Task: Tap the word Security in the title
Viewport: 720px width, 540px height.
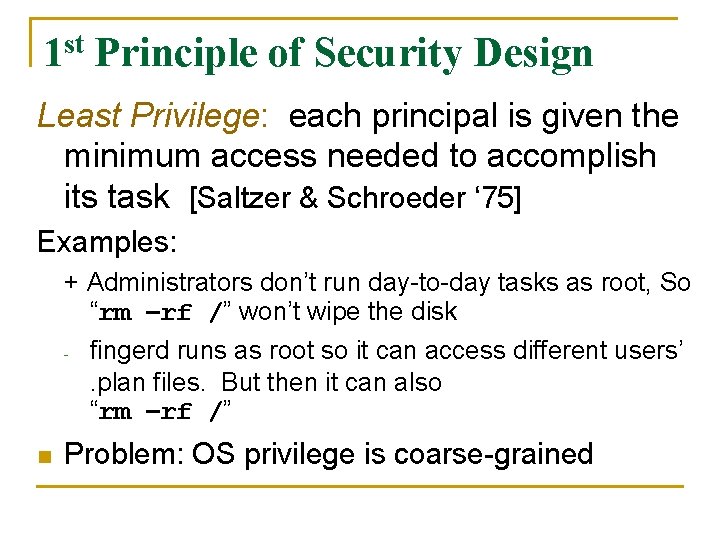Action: coord(389,53)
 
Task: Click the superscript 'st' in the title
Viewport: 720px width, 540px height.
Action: coord(74,43)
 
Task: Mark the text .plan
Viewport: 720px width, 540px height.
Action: coord(115,382)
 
